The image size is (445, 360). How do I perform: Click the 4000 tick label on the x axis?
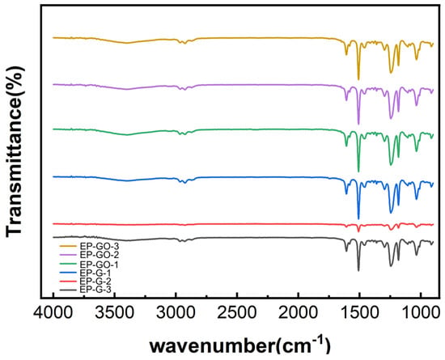pyautogui.click(x=53, y=314)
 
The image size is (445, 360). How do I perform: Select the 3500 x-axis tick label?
pyautogui.click(x=115, y=314)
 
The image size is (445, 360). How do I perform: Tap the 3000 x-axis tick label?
pyautogui.click(x=176, y=314)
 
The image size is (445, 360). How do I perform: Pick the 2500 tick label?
pyautogui.click(x=237, y=314)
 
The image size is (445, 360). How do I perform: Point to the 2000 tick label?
pyautogui.click(x=299, y=314)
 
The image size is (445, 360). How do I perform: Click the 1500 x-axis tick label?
pyautogui.click(x=359, y=314)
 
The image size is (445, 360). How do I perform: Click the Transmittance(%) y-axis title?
pyautogui.click(x=15, y=150)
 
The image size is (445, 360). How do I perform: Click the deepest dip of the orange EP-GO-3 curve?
pyautogui.click(x=358, y=80)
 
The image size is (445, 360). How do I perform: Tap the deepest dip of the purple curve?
pyautogui.click(x=358, y=125)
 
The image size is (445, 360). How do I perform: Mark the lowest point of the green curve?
pyautogui.click(x=358, y=172)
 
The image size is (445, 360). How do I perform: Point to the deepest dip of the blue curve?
pyautogui.click(x=358, y=218)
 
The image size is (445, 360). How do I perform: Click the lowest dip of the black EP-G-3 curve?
pyautogui.click(x=358, y=271)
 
